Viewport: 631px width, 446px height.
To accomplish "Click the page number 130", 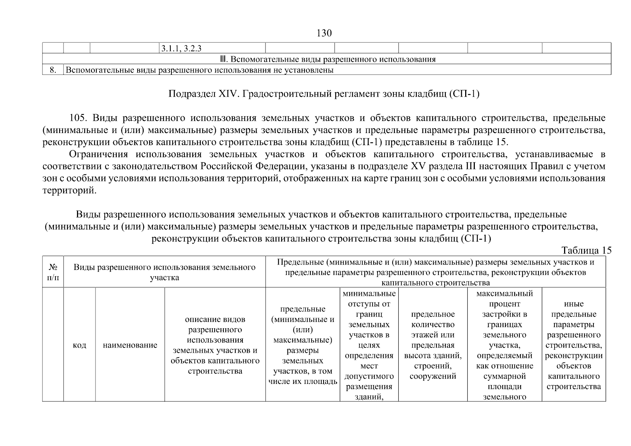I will point(324,33).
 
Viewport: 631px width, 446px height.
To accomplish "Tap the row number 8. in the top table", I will point(53,70).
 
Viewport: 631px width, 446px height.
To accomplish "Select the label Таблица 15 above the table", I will point(586,250).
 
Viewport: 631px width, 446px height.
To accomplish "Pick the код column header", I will point(79,345).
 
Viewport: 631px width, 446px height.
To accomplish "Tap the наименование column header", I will point(130,345).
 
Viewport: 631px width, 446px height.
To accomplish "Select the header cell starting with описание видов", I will point(215,345).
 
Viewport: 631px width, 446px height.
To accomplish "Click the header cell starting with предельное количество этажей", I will point(432,345).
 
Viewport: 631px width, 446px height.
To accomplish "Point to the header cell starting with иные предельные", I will point(573,345).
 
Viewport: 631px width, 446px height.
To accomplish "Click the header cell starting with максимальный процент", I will point(504,345).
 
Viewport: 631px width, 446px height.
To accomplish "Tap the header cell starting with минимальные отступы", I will point(369,345).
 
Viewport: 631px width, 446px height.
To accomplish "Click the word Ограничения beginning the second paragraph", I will point(98,154).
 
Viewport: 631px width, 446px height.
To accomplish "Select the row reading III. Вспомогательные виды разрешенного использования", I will point(327,59).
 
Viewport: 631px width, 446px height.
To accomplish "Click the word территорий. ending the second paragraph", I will point(69,191).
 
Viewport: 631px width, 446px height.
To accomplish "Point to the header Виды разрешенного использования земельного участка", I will point(164,272).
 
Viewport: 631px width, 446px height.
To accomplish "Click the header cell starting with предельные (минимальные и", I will point(303,345).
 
